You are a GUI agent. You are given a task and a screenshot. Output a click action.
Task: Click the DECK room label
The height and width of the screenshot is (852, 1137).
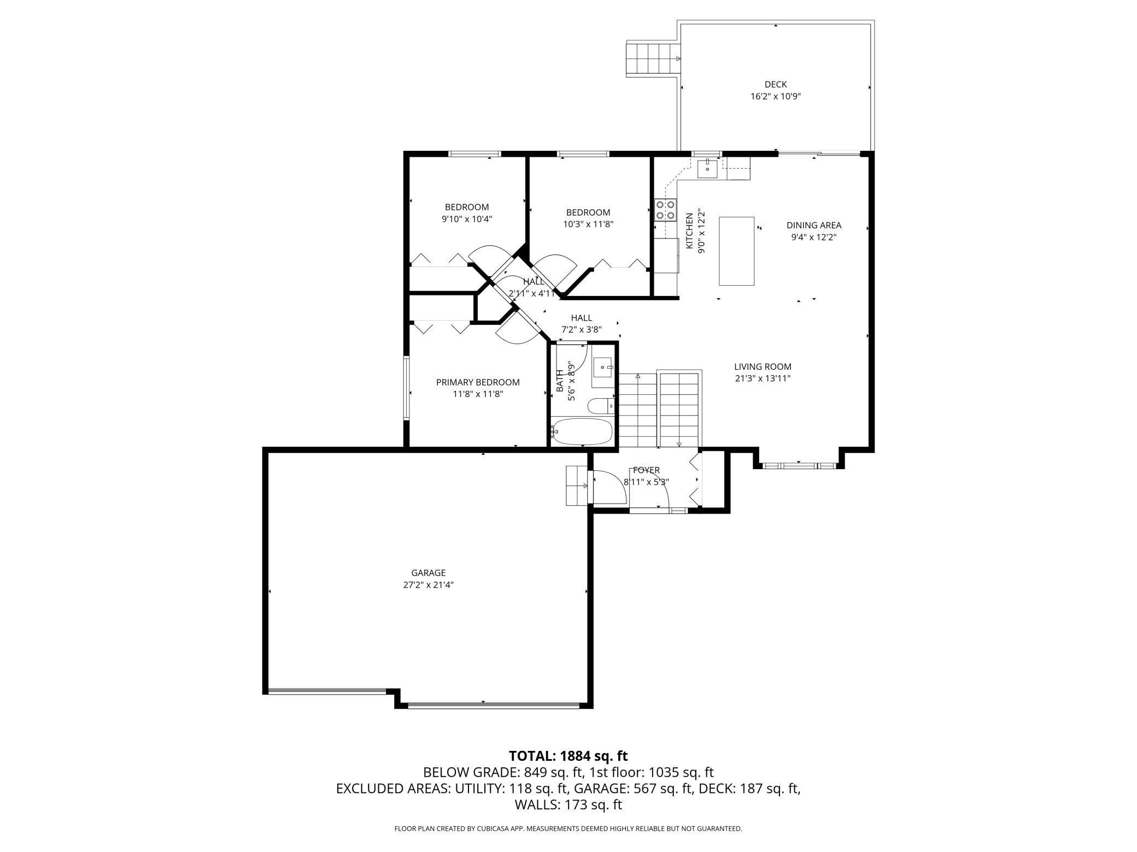[x=776, y=85]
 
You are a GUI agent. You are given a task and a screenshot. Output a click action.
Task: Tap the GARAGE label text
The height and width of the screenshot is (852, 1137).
[x=429, y=573]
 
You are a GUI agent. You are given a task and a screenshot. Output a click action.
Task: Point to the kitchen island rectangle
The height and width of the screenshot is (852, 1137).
[x=737, y=251]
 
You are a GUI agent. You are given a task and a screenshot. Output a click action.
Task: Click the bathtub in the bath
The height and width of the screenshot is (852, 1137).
[x=582, y=432]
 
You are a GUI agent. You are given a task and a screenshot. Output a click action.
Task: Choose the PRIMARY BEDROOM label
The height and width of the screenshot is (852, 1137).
[x=478, y=382]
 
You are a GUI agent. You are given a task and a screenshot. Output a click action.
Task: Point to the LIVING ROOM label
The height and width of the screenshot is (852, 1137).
[x=763, y=367]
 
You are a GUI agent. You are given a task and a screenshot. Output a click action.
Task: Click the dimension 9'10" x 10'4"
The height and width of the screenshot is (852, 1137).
[x=467, y=219]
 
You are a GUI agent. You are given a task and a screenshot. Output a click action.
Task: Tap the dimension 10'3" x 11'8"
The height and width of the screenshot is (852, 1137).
[x=588, y=224]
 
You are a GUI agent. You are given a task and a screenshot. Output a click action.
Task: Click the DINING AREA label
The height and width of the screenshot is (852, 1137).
[x=814, y=225]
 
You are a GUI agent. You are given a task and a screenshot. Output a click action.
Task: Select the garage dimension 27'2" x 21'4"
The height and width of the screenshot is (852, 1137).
[x=429, y=585]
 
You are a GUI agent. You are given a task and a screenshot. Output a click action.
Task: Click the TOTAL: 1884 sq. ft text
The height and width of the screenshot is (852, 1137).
[x=568, y=756]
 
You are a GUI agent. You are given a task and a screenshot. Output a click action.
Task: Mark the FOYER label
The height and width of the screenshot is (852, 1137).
[x=646, y=470]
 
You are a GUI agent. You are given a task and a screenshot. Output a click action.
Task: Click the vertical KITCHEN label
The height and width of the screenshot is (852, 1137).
[x=689, y=232]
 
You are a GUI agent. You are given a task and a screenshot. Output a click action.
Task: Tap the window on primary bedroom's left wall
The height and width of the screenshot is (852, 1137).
[x=407, y=388]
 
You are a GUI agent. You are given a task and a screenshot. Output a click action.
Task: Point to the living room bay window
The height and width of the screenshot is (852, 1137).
[x=799, y=466]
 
